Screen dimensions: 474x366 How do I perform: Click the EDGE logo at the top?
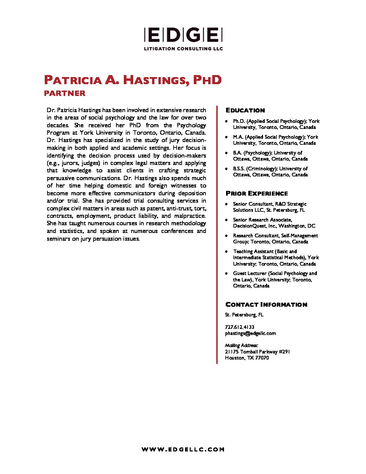pos(183,35)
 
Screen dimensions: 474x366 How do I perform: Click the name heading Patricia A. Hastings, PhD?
pos(133,80)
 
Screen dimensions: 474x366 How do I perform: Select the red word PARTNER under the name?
pos(65,93)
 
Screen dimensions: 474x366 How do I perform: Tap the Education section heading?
pos(245,110)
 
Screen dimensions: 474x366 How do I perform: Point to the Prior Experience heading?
pos(257,194)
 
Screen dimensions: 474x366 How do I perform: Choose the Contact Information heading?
pos(266,305)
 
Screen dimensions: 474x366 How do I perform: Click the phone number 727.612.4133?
pos(240,327)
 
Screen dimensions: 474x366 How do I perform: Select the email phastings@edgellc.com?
pos(250,333)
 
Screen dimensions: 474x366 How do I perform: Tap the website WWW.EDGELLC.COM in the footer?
pos(183,449)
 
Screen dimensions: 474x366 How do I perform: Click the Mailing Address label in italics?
pos(242,345)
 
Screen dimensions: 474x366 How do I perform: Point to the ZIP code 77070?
pos(262,358)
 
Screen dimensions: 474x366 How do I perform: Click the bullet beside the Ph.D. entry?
pos(226,121)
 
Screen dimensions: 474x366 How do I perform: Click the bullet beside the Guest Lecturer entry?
pos(226,273)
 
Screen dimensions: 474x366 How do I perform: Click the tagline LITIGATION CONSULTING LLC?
pos(183,49)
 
